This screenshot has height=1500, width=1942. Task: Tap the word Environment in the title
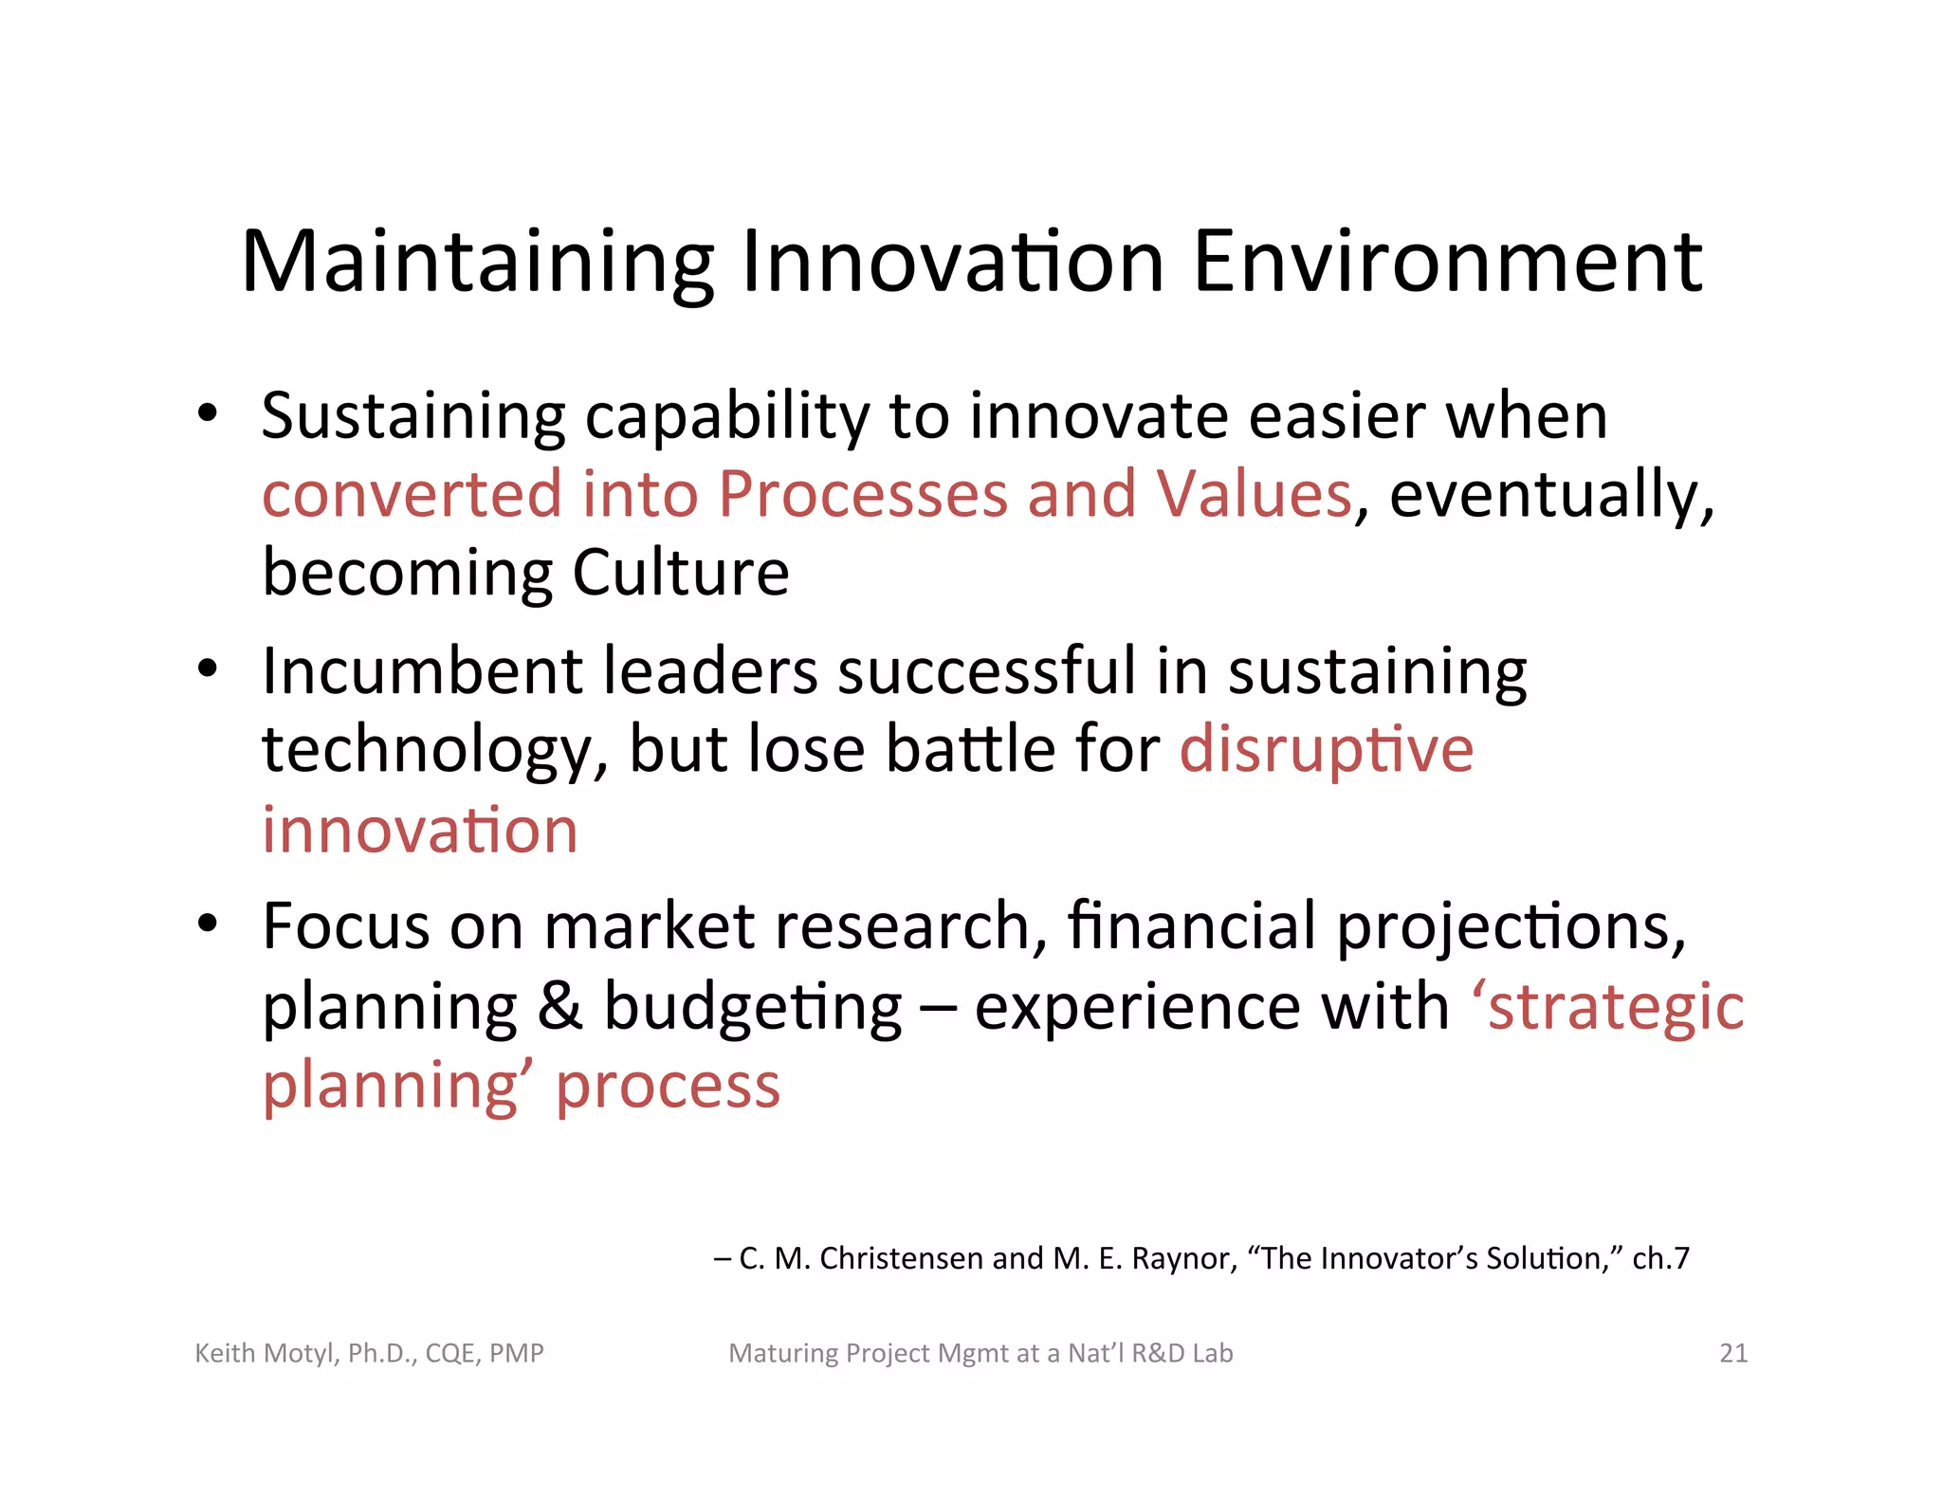1447,263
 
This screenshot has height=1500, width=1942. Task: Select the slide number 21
1732,1353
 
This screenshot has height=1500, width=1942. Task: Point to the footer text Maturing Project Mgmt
877,1353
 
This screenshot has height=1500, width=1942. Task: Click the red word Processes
862,495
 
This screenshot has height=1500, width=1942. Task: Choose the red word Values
1253,495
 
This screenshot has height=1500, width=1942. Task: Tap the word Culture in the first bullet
680,573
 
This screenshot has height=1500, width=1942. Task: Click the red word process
668,1087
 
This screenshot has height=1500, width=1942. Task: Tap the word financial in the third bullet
1191,926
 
